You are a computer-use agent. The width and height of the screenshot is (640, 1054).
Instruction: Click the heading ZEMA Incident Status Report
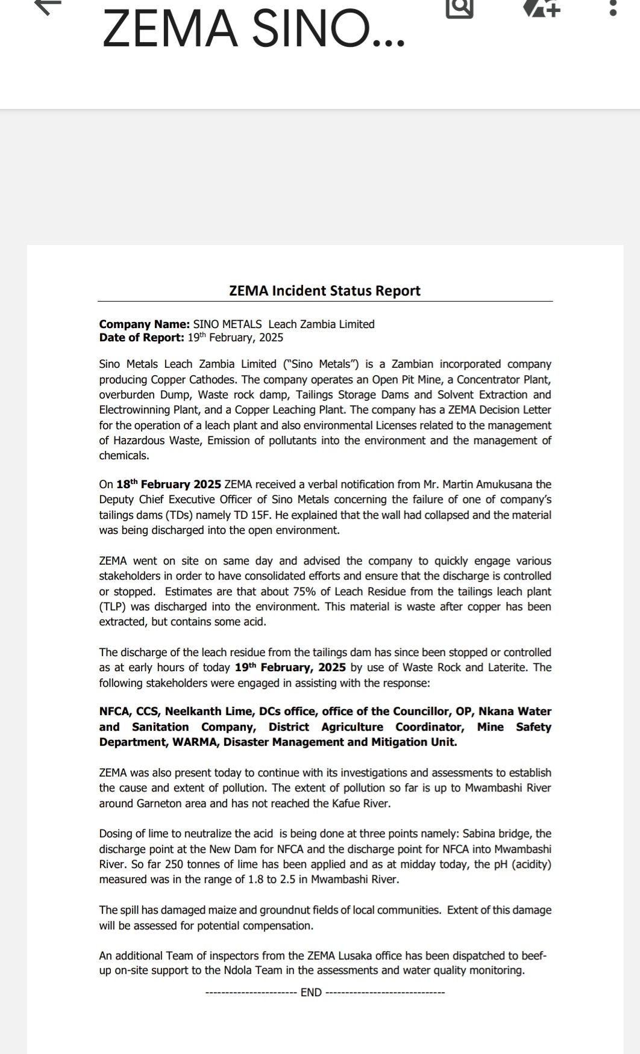tap(324, 291)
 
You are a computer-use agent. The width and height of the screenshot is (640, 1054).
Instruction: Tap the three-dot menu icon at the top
tap(613, 8)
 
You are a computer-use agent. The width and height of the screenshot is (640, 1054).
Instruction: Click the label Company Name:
tap(145, 324)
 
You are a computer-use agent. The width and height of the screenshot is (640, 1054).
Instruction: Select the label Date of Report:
tap(142, 338)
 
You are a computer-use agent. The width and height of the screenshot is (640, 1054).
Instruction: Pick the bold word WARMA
tap(195, 742)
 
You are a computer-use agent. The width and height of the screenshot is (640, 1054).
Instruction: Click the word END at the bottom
tap(311, 993)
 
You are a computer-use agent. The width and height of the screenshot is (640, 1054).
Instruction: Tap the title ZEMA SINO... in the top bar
tap(253, 29)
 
